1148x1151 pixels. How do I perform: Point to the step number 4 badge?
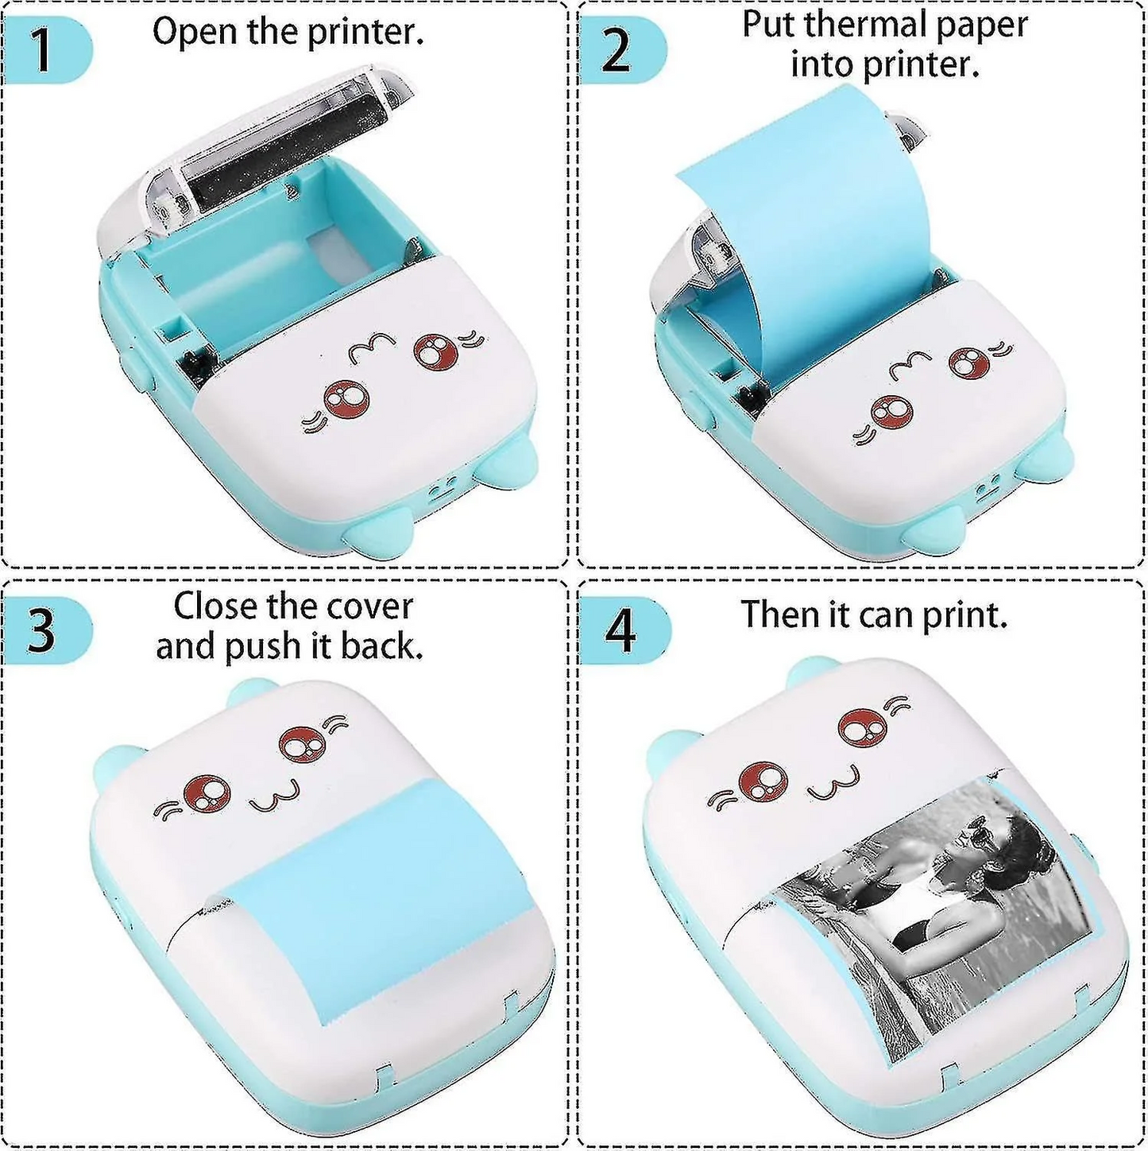[620, 631]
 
